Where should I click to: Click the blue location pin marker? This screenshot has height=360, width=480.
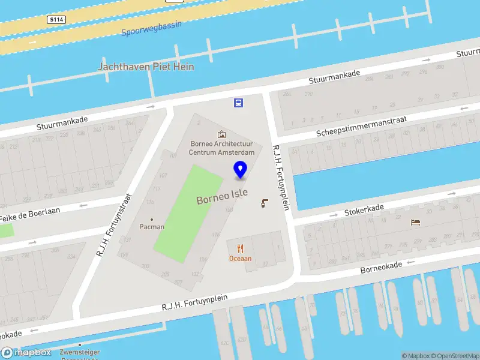click(241, 170)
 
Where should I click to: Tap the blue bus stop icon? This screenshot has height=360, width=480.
click(239, 103)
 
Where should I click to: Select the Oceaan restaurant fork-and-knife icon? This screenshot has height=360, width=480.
click(241, 248)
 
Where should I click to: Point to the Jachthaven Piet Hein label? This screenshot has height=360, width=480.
click(146, 67)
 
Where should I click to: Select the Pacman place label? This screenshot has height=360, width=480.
click(152, 227)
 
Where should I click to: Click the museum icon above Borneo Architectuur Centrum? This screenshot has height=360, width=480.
click(222, 134)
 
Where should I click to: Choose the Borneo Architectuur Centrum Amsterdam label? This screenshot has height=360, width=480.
click(222, 148)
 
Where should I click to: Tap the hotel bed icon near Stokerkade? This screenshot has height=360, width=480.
click(415, 222)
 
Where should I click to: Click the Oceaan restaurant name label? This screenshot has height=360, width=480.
click(241, 259)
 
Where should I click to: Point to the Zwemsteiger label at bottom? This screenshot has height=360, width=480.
click(80, 353)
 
